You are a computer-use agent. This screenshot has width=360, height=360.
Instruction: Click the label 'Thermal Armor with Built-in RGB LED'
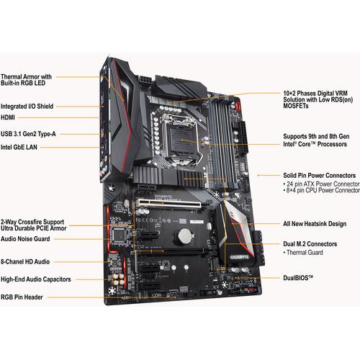pos(26,80)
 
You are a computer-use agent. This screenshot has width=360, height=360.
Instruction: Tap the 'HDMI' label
pos(8,117)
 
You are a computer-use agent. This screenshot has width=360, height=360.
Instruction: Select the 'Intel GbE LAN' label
pos(19,147)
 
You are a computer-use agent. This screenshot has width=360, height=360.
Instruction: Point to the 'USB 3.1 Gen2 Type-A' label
pos(28,134)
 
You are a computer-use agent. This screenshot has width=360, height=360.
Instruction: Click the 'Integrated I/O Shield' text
pos(27,107)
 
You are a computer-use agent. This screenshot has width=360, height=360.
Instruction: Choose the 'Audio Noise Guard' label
pos(25,239)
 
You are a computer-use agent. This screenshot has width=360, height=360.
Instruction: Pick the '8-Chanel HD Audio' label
pos(25,261)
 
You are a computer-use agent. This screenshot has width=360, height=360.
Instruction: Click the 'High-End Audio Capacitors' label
pos(36,279)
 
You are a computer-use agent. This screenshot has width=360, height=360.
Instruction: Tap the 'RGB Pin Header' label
pos(22,297)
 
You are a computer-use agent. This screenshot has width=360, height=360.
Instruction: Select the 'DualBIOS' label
pos(298,278)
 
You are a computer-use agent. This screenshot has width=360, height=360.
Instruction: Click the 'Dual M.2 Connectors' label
pos(310,244)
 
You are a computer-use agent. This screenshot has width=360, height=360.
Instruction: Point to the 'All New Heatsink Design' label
pos(315,224)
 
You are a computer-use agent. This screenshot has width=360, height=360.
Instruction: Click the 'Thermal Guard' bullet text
pos(303,253)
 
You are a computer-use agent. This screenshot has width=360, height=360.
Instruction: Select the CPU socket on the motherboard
pos(181,140)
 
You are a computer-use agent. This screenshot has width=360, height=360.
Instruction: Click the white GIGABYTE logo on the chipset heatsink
pos(240,257)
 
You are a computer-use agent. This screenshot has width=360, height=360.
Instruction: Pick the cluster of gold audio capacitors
pos(117,279)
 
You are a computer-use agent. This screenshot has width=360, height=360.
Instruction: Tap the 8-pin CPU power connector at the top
pos(145,80)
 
